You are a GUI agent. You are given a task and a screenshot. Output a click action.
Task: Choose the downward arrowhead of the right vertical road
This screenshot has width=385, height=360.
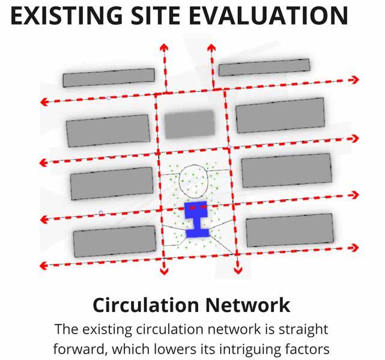point(238,269)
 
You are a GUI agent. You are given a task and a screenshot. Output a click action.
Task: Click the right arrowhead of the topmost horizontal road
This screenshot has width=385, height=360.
point(355,79)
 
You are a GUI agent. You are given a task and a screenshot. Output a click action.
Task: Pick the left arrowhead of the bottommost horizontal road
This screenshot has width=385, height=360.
point(43,263)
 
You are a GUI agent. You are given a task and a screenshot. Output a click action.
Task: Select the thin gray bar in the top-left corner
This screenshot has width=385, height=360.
point(108,77)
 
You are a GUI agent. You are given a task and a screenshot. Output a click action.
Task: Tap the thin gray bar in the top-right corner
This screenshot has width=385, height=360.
point(264,67)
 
